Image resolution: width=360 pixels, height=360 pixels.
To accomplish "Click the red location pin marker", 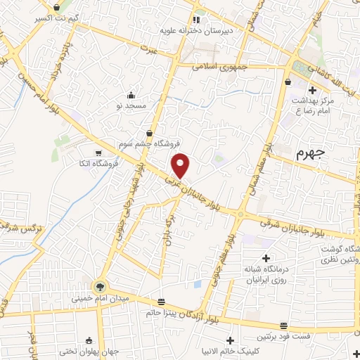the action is [x=181, y=165].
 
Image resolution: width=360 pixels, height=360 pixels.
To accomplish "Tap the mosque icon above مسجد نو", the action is [x=131, y=95].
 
